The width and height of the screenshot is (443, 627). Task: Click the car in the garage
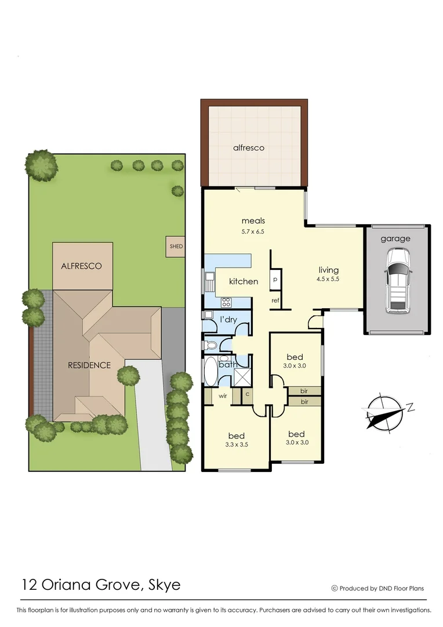point(398,280)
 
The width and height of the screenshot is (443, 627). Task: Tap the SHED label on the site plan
point(176,246)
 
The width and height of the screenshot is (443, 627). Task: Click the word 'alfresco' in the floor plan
point(248,147)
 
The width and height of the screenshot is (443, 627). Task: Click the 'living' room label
point(328,270)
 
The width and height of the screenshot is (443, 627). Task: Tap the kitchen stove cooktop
point(226,302)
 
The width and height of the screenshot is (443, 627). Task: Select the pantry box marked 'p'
point(275,280)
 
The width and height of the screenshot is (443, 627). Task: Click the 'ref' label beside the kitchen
point(275,300)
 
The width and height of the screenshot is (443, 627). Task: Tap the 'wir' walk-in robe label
point(222,397)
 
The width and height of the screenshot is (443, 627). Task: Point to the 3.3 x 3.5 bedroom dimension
point(236,446)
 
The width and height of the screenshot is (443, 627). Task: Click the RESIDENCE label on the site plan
point(89,365)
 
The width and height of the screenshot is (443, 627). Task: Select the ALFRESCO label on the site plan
point(81,266)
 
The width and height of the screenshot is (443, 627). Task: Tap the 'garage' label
point(395,239)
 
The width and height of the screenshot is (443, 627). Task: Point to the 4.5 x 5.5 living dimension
point(328,280)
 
